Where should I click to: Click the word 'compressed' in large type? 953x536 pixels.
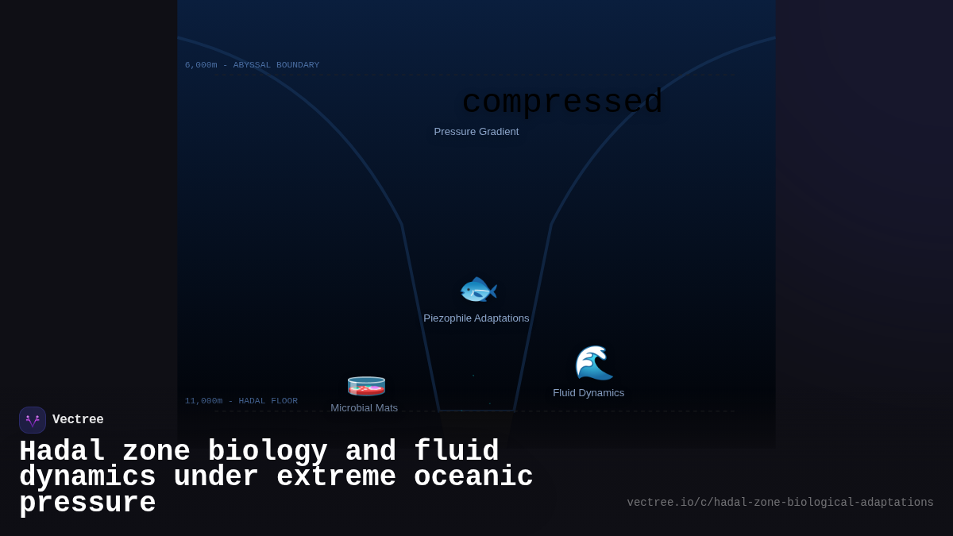(x=562, y=102)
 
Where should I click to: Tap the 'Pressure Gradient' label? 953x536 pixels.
(x=476, y=132)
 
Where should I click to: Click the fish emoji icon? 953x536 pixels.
(x=478, y=291)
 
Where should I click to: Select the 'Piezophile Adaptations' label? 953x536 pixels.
(x=476, y=318)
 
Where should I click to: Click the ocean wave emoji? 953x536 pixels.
(x=593, y=364)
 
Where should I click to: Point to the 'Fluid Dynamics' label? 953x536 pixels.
(x=588, y=393)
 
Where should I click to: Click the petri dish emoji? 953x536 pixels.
(x=366, y=386)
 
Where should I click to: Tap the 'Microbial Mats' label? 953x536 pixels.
(x=365, y=407)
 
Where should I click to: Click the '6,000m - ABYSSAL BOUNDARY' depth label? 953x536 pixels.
(x=252, y=65)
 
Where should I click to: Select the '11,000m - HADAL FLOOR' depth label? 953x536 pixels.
(x=241, y=401)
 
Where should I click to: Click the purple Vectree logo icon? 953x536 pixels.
(x=33, y=420)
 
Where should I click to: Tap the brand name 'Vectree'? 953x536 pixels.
(x=78, y=420)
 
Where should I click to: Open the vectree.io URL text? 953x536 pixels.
(x=780, y=503)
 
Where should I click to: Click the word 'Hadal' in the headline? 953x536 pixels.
(x=62, y=452)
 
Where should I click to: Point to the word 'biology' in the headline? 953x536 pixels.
(x=268, y=452)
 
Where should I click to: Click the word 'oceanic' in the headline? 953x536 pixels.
(x=473, y=477)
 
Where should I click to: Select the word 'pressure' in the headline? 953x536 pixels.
(x=87, y=503)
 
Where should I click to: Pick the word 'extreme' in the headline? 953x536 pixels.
(x=336, y=477)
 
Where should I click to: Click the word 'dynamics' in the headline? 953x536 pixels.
(x=87, y=477)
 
